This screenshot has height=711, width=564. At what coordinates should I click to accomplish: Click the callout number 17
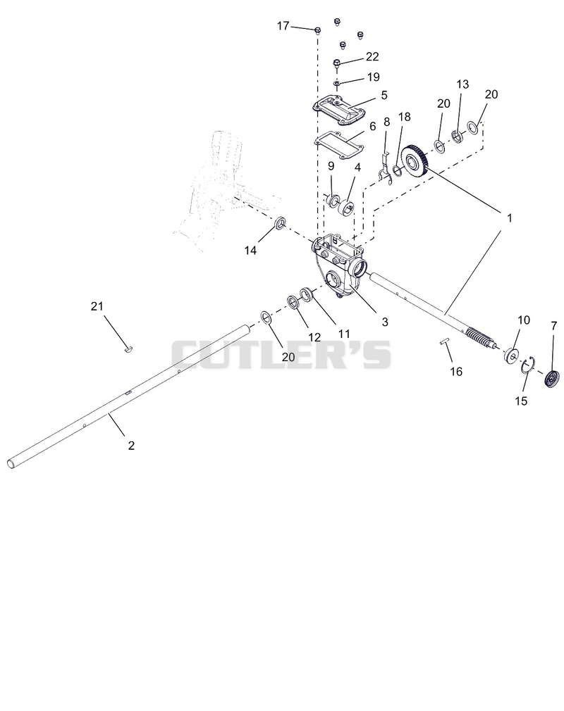click(x=283, y=26)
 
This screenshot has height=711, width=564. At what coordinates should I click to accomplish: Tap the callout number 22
click(x=372, y=57)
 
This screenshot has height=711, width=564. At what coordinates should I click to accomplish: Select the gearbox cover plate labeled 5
click(x=339, y=108)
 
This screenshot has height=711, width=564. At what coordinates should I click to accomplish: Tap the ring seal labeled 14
click(x=280, y=223)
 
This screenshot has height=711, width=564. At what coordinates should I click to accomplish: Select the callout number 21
click(x=97, y=306)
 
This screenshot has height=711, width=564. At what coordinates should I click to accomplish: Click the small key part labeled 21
click(x=128, y=349)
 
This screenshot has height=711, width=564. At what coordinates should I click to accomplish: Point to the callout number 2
click(x=131, y=446)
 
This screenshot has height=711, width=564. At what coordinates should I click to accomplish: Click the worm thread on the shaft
click(x=480, y=337)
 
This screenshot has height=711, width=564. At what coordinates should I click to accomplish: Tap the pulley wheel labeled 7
click(x=552, y=379)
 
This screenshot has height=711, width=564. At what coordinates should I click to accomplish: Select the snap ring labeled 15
click(x=529, y=365)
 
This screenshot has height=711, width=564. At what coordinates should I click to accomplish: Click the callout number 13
click(x=462, y=84)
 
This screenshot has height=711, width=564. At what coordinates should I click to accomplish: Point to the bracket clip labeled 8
click(x=385, y=170)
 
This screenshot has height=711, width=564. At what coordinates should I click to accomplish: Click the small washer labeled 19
click(x=337, y=84)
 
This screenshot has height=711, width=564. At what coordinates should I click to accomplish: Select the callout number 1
click(x=510, y=218)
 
